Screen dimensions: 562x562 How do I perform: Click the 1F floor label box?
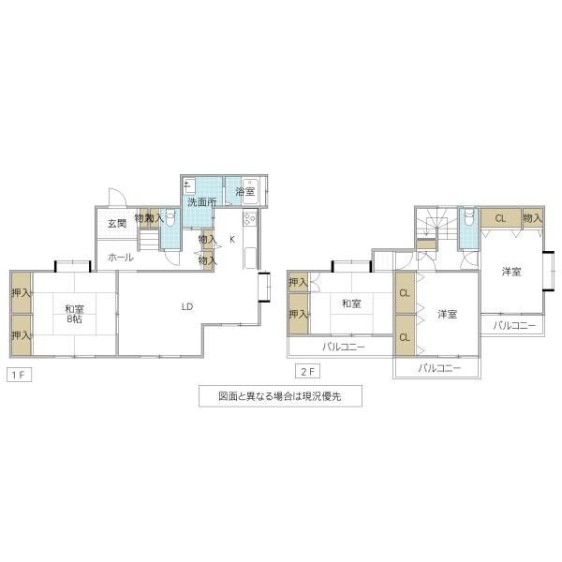[x=19, y=375]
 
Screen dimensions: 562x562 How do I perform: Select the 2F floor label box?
[x=307, y=371]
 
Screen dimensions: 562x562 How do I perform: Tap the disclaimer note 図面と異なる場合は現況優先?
[x=280, y=396]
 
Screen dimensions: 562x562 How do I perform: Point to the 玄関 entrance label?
[x=117, y=223]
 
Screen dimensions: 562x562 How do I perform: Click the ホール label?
[x=121, y=257]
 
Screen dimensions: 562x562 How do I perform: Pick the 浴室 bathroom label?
[x=245, y=191]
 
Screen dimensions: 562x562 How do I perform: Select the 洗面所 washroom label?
[x=202, y=202]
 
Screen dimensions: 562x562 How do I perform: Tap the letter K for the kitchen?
[x=232, y=239]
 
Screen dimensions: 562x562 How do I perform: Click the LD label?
[x=187, y=306]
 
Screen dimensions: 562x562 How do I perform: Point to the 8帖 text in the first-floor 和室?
[x=74, y=318]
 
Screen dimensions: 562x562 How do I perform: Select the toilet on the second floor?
[x=469, y=217]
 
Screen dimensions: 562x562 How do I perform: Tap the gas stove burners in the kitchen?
[x=249, y=218]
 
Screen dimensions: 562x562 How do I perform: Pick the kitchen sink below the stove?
[x=250, y=258]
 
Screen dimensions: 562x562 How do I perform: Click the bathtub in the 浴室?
[x=249, y=191]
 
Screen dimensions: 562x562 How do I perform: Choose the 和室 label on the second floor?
[x=351, y=303]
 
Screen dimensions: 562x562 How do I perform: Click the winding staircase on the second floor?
[x=436, y=223]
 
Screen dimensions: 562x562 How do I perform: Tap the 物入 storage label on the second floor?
[x=532, y=217]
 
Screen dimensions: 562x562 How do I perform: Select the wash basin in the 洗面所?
[x=189, y=186]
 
